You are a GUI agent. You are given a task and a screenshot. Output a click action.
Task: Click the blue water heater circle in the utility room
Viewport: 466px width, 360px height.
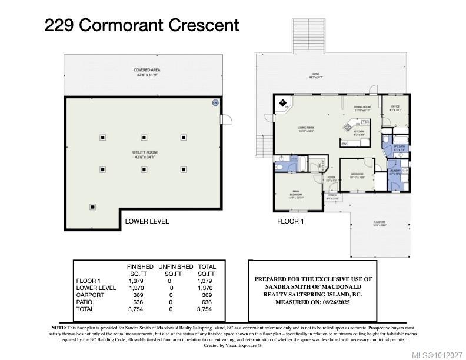(x=215, y=103)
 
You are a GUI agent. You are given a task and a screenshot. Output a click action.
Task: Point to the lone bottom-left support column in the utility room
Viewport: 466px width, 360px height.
(x=92, y=206)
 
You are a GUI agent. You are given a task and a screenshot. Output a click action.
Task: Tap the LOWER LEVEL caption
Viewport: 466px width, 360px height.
(x=147, y=222)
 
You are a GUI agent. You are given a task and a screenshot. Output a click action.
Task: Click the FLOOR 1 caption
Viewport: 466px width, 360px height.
(x=290, y=222)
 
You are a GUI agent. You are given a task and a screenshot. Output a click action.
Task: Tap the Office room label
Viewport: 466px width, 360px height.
(x=395, y=108)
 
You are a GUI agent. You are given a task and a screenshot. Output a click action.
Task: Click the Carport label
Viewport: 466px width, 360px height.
(x=380, y=223)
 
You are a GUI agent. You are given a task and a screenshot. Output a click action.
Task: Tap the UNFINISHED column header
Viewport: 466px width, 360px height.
(x=172, y=267)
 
